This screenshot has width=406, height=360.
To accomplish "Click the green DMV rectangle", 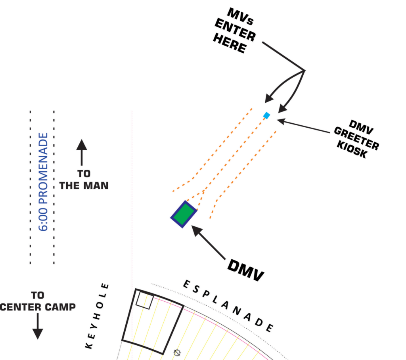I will (x=184, y=214).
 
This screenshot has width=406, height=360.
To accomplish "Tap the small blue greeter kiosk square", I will (x=267, y=115).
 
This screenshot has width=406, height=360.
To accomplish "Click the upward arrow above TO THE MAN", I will (x=82, y=153).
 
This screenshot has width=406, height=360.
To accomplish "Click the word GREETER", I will (x=356, y=138).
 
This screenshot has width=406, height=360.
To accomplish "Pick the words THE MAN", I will (x=84, y=185).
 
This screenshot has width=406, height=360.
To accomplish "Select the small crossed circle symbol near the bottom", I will (x=177, y=352).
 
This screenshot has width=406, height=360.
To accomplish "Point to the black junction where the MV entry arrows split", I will (x=304, y=71).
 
